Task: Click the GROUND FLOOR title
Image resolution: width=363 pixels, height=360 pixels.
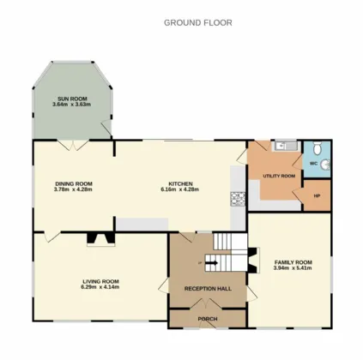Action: coord(198,22)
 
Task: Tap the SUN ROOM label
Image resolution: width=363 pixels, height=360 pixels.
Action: coord(72,99)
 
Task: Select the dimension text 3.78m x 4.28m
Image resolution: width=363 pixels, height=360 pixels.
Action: coord(73,189)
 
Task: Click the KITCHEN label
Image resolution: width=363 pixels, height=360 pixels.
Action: coord(180,183)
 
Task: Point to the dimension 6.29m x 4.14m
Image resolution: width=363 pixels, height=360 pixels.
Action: coord(100,287)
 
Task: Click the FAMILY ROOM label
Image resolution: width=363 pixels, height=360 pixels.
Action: coord(293,262)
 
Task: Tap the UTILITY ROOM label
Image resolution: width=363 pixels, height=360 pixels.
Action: coord(279,176)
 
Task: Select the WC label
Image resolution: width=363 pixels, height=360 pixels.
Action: coord(314,164)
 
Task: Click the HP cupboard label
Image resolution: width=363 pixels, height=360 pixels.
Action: coord(317,196)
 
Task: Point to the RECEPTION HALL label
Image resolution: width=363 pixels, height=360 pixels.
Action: coord(208,289)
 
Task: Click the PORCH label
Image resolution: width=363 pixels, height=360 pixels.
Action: coord(208,319)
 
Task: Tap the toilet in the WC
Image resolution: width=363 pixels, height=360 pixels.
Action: coord(318,147)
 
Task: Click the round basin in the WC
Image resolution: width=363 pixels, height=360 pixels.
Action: coord(325,165)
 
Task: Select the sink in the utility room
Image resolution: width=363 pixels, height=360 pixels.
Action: coord(286,146)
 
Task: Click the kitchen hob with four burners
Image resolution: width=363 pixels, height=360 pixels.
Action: coord(238,199)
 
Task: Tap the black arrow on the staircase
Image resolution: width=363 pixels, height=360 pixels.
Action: coord(212,263)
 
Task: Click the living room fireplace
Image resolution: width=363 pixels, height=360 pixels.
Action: coord(100,239)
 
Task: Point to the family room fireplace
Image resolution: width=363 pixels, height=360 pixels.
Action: coord(254,260)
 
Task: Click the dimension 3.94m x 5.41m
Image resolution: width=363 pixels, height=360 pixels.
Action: coord(293,268)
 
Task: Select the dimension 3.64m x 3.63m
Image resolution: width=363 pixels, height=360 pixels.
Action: coord(72,105)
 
